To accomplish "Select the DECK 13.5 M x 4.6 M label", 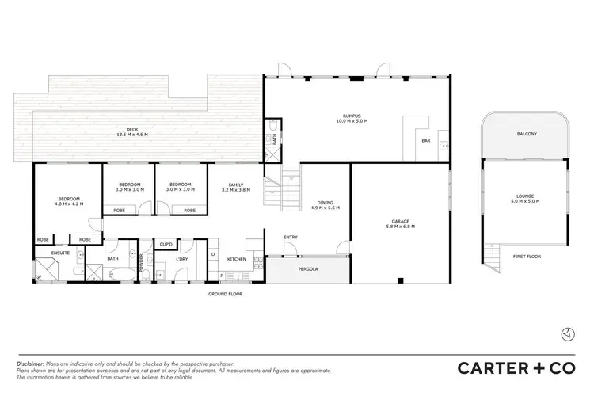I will pos(132,132).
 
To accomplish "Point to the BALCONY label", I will pos(527,134).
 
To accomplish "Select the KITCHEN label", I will pos(237,259).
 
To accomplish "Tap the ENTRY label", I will pos(290,237).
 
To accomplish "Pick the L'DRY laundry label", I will pos(182,259).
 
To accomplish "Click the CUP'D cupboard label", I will pos(166,244).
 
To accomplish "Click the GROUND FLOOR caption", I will pos(226,294).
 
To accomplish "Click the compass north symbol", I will pos(566,334).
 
